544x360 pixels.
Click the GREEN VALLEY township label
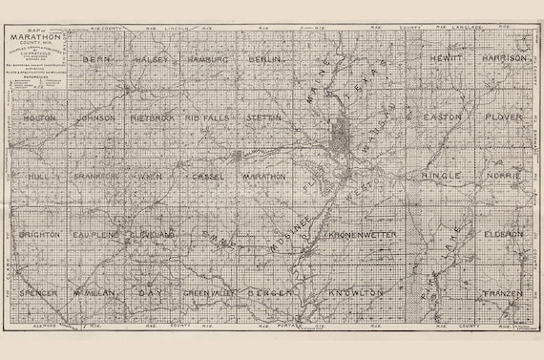click(207, 291)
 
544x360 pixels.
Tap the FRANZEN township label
click(500, 291)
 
